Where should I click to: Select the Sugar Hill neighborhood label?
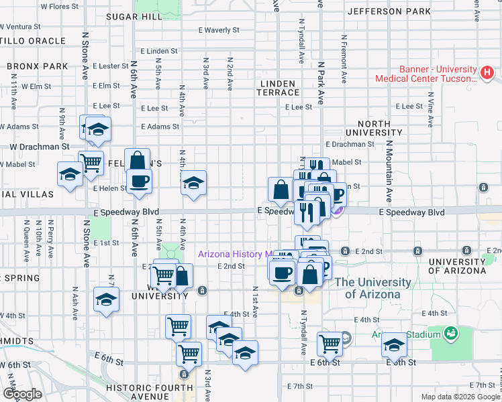click(x=134, y=17)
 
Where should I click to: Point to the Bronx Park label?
click(x=38, y=66)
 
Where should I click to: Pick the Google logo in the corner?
click(x=22, y=394)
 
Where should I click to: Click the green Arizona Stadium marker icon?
click(x=451, y=332)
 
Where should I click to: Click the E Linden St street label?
click(x=159, y=51)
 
